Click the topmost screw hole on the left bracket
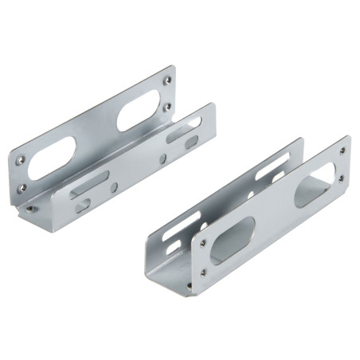click(166, 80)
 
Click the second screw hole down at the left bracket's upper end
click(167, 106)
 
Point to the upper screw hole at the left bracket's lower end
click(21, 159)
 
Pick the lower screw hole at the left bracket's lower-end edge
click(22, 188)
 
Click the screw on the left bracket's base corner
click(30, 209)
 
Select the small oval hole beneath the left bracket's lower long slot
click(84, 205)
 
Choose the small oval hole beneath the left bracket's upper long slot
click(191, 142)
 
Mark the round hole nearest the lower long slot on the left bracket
click(114, 187)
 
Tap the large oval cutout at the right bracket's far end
click(315, 185)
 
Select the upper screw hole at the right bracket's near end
click(202, 241)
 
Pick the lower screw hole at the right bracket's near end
click(203, 272)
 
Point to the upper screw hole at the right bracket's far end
click(342, 150)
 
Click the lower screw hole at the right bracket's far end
click(342, 178)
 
